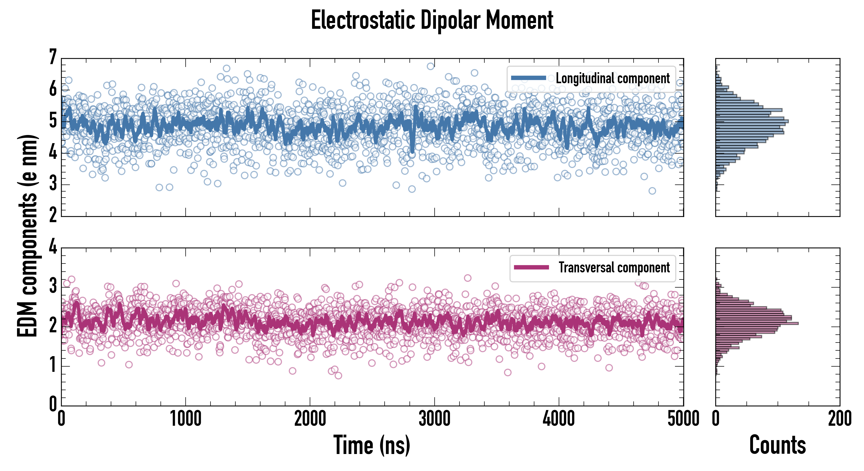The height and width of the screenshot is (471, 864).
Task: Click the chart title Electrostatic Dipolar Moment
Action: (432, 20)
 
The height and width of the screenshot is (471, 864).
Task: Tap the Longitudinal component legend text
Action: (612, 78)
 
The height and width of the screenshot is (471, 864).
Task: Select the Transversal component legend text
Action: (614, 267)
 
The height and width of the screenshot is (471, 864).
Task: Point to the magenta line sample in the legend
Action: (531, 267)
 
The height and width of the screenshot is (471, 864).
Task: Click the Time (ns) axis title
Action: (372, 445)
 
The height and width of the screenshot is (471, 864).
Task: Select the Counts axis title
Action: (777, 445)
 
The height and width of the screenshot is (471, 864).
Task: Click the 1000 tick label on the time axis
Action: (186, 419)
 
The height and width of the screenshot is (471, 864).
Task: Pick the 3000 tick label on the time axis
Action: (434, 419)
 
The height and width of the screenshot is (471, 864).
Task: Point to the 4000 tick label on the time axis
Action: (559, 419)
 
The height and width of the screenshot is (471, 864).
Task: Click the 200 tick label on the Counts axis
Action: (839, 419)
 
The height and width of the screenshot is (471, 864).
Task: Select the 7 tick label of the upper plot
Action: (53, 57)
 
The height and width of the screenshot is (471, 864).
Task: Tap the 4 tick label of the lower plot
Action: (53, 247)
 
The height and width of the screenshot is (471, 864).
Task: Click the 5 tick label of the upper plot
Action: (53, 121)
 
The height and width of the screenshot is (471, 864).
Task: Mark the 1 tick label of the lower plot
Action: (53, 365)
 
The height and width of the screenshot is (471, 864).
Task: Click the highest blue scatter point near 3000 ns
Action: (430, 66)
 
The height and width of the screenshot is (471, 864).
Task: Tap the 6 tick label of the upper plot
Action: (53, 89)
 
